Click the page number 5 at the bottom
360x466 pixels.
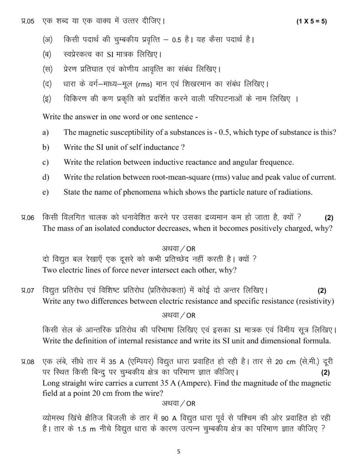click(179, 451)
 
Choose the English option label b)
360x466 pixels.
click(46, 147)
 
